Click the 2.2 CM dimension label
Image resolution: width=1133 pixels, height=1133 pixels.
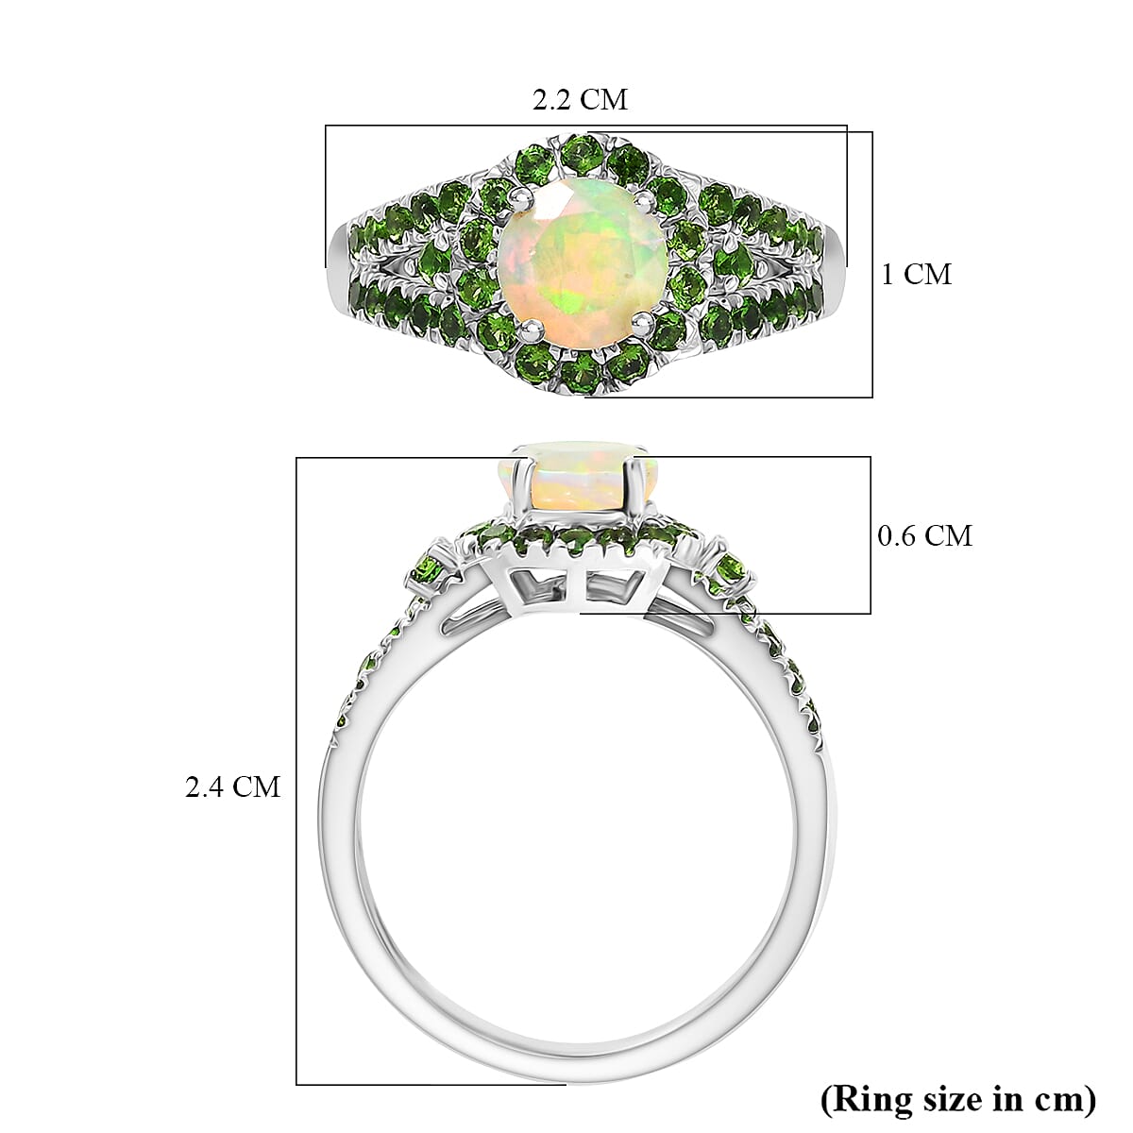click(x=580, y=99)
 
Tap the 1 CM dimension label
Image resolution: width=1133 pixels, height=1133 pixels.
click(x=916, y=275)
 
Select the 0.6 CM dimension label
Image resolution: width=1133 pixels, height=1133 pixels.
click(x=923, y=536)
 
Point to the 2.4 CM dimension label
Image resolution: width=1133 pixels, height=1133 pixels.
click(x=232, y=786)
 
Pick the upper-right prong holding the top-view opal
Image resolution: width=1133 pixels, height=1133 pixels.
click(x=642, y=198)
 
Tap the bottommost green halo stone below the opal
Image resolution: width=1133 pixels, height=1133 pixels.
click(x=577, y=375)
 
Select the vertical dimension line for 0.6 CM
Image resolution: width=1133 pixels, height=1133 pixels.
click(x=870, y=535)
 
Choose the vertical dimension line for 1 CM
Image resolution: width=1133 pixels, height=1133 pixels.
click(x=871, y=264)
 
